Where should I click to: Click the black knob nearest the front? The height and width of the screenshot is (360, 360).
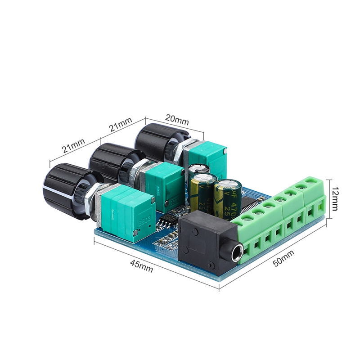click(x=65, y=189)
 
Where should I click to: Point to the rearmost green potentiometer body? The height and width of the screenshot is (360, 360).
click(x=207, y=157)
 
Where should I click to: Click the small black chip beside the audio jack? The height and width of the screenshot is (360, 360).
click(x=167, y=220)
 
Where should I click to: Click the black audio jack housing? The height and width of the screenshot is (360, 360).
click(x=207, y=245)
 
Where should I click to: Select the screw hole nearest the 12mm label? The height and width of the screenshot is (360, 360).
click(x=310, y=182)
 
